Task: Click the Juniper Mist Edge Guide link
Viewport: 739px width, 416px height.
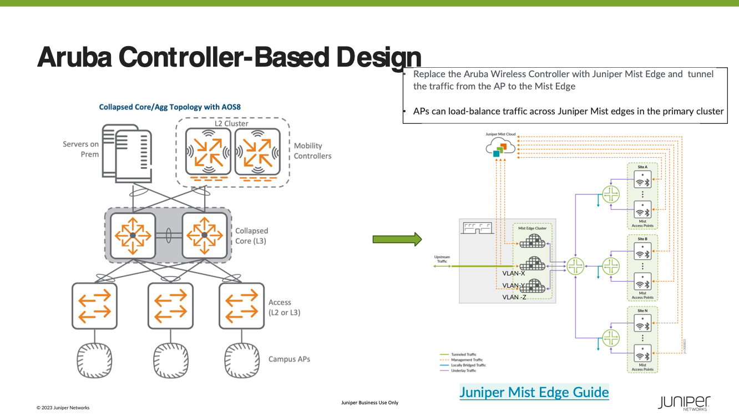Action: click(534, 392)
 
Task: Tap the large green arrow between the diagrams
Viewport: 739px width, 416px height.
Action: click(397, 239)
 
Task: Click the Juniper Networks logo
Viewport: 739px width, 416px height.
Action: click(684, 403)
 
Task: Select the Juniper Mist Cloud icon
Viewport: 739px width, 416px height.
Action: click(500, 147)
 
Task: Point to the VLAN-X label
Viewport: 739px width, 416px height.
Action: click(514, 273)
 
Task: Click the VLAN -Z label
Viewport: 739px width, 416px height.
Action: click(514, 297)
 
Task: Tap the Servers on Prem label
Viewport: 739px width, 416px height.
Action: click(80, 149)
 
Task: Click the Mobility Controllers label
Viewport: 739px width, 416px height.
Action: click(312, 151)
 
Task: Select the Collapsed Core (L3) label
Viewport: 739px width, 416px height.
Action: click(251, 235)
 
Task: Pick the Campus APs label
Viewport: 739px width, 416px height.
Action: click(289, 359)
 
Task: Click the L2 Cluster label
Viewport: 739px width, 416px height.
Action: click(232, 123)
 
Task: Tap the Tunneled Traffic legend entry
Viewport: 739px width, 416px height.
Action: click(463, 354)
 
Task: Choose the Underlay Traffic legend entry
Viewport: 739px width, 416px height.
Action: click(463, 370)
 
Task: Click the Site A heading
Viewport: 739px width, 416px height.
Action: click(642, 167)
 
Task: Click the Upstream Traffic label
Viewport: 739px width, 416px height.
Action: click(442, 259)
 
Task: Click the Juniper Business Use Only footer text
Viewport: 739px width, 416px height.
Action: click(369, 403)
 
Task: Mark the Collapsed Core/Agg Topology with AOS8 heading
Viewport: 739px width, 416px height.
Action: click(170, 107)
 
